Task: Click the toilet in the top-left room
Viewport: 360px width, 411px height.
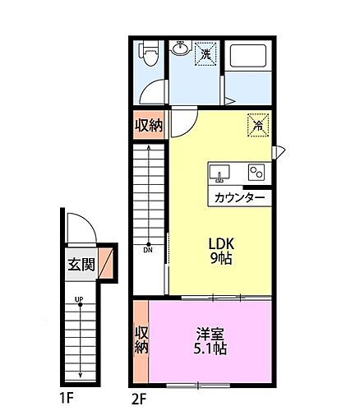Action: [x=150, y=55]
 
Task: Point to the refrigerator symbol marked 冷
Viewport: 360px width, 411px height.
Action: [x=258, y=126]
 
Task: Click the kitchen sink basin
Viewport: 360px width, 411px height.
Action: [x=219, y=173]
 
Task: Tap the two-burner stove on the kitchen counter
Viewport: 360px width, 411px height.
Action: [x=256, y=173]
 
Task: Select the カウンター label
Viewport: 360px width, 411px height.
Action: [x=239, y=198]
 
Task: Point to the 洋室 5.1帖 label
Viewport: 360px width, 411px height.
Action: [x=211, y=340]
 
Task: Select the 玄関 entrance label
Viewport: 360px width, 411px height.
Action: [x=81, y=265]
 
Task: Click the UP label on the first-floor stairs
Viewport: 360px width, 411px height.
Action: [x=80, y=299]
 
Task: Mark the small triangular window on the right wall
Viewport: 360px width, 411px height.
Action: [x=279, y=151]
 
